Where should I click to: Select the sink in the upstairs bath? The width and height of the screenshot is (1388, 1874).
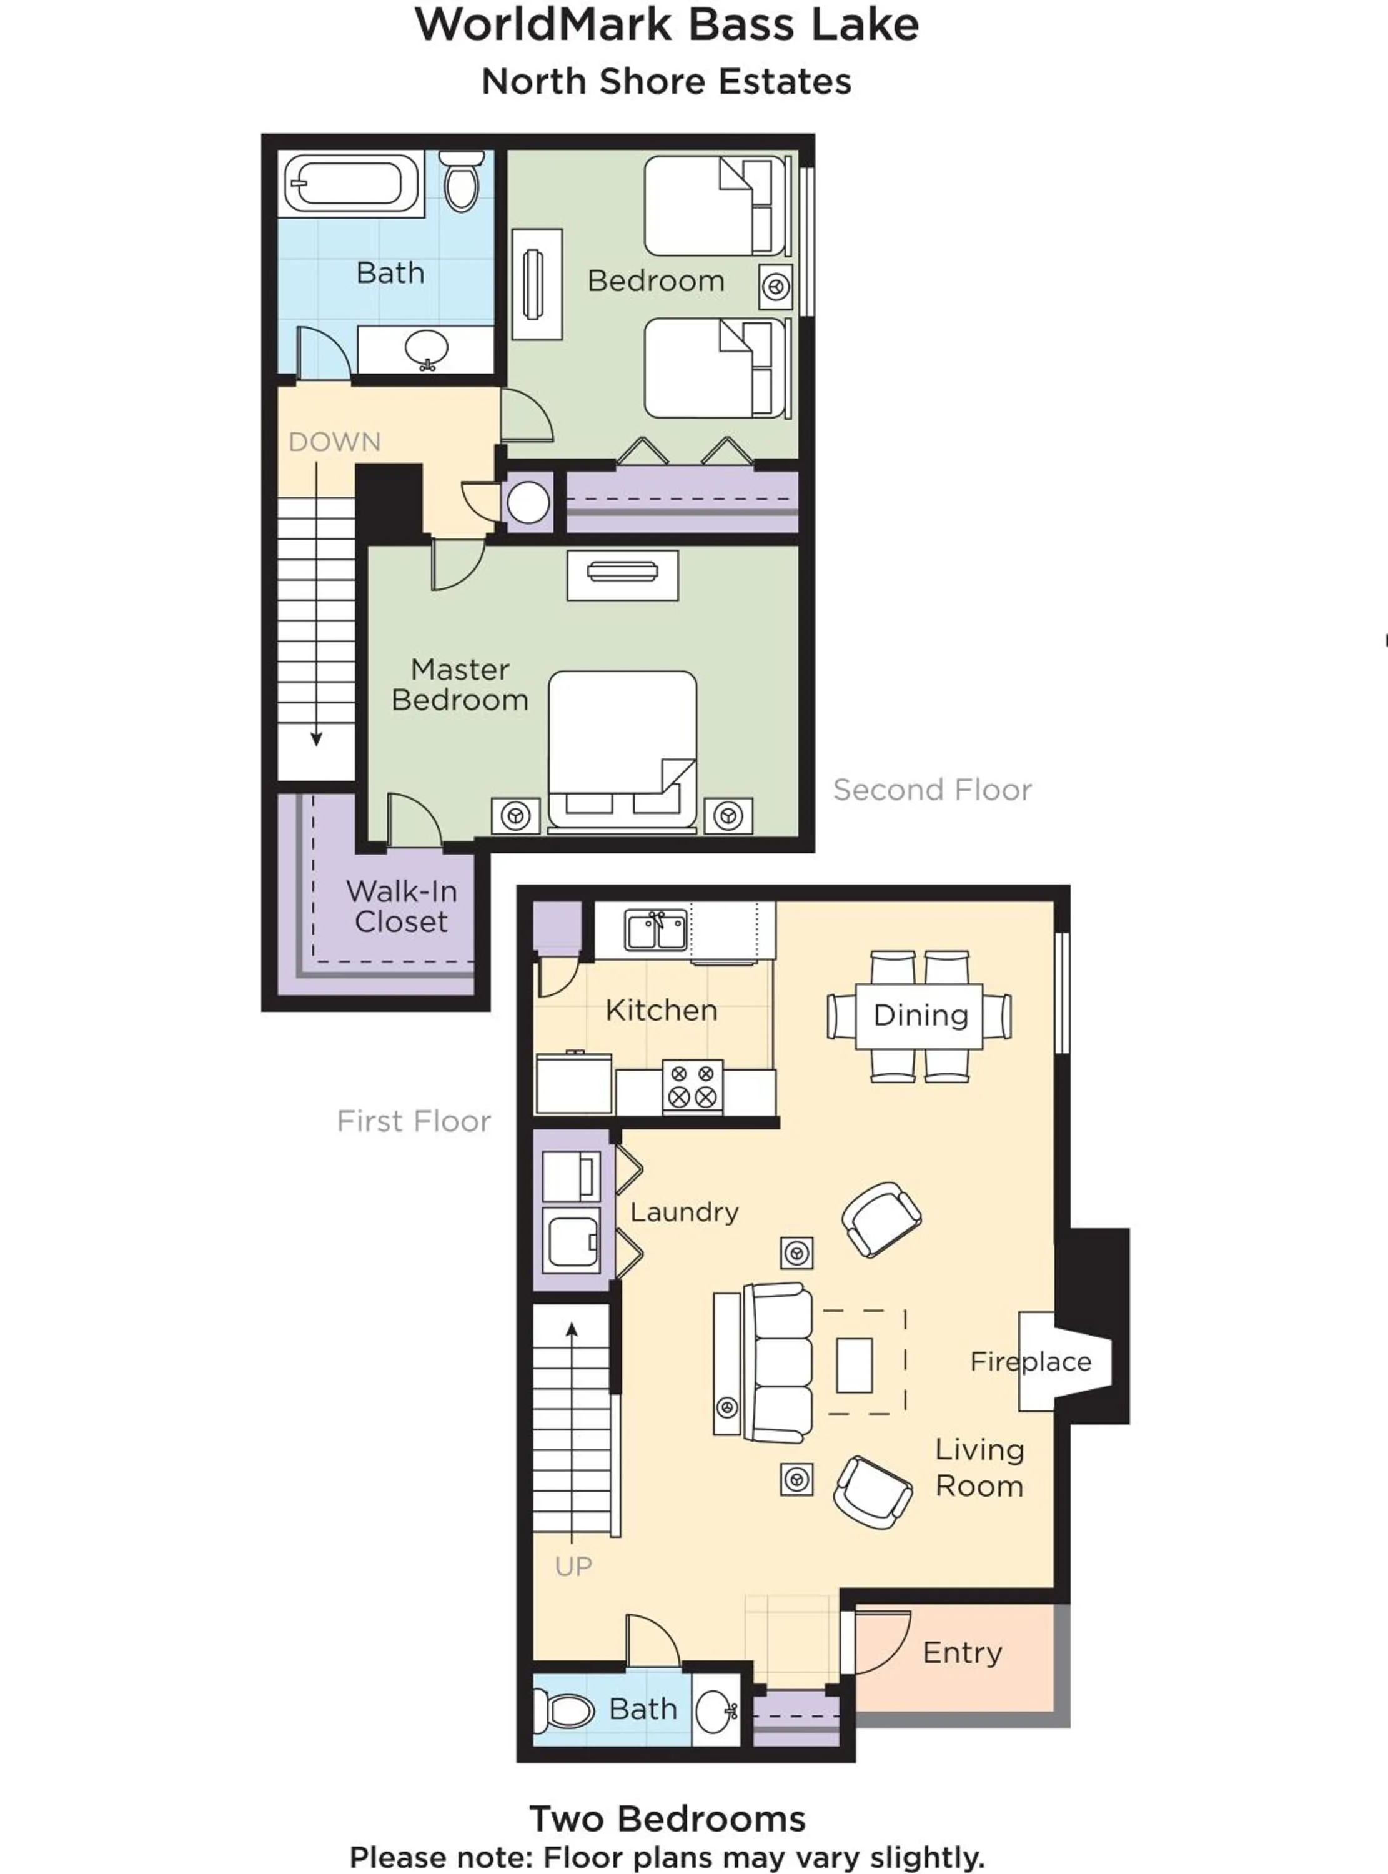point(426,349)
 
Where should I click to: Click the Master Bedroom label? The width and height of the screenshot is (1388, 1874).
point(460,685)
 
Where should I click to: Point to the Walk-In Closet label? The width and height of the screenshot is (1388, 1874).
point(402,906)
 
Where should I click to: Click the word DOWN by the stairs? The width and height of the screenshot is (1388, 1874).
point(334,442)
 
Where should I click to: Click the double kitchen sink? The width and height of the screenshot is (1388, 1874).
point(656,931)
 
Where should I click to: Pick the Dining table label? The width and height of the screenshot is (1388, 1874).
point(921,1016)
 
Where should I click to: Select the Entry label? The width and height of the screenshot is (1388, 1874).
point(962,1653)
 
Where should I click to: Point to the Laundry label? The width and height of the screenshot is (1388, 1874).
point(684,1212)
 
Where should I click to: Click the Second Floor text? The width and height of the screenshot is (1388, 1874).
point(932,790)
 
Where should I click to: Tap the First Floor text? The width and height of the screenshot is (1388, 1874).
point(414,1121)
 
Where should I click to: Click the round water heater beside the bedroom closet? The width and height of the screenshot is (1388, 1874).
point(528,502)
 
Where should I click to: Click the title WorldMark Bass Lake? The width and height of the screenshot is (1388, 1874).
point(667,25)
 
